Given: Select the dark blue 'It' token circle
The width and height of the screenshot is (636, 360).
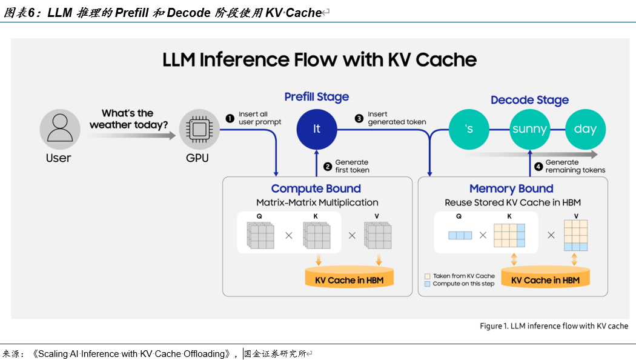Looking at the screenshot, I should (316, 128).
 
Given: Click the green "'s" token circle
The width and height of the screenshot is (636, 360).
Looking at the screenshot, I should (468, 128).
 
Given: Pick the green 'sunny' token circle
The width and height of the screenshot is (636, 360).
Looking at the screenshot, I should (529, 128).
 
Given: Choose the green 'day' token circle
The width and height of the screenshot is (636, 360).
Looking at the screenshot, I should (585, 128).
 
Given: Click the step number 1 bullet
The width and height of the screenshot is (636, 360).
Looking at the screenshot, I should (230, 118).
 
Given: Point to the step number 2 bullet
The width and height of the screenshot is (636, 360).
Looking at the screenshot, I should (328, 166).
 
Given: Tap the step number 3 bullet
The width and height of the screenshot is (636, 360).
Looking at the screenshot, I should (359, 118).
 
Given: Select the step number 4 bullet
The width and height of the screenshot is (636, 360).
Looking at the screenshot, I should (538, 166).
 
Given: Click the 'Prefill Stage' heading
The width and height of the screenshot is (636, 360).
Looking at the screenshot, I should (317, 97).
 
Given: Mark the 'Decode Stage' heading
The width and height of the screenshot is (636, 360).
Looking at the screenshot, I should (529, 100).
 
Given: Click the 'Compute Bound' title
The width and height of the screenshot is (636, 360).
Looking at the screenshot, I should (316, 188).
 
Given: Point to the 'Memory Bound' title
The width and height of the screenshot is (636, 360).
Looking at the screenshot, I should (511, 188).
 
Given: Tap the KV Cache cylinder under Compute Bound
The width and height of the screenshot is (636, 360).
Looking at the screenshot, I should (349, 278).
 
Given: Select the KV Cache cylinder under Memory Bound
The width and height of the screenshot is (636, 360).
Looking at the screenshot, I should (545, 278).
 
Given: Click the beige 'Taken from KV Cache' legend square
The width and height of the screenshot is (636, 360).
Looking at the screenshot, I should (428, 276).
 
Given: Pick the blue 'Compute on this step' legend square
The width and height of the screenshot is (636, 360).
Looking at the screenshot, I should (428, 284).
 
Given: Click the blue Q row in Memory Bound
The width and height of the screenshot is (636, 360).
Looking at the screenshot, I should (460, 235).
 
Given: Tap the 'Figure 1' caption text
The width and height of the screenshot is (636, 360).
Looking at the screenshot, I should (554, 326).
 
